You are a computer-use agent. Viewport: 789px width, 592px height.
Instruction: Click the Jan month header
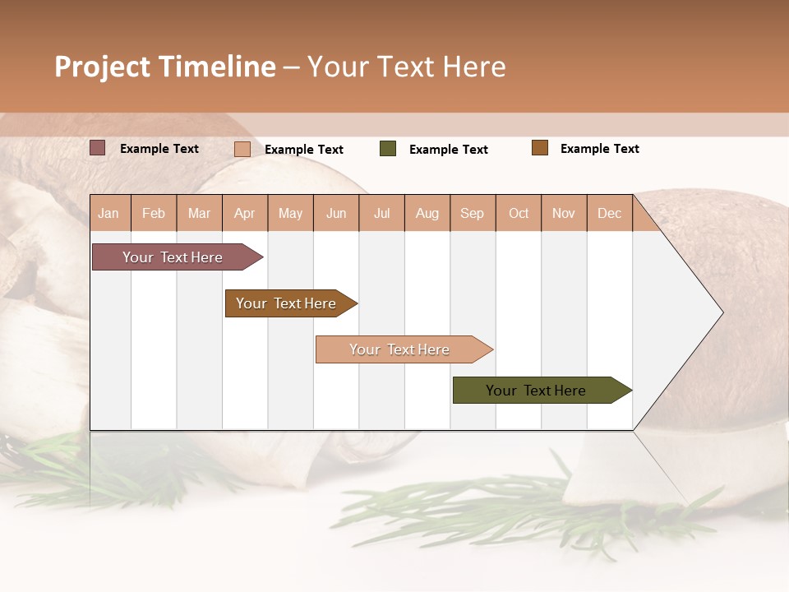click(x=108, y=213)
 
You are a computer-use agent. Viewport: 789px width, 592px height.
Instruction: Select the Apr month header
click(x=244, y=213)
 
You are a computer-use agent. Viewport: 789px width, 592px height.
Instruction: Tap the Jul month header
click(x=381, y=213)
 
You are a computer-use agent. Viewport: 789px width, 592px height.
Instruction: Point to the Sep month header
click(x=472, y=213)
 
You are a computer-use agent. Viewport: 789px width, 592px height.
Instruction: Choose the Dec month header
click(x=609, y=213)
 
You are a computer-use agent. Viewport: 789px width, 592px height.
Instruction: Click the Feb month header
click(x=154, y=213)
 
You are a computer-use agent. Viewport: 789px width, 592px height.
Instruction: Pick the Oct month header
click(x=519, y=213)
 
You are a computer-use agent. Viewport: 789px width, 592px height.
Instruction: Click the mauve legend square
click(x=98, y=148)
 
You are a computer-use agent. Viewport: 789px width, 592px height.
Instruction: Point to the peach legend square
click(x=242, y=149)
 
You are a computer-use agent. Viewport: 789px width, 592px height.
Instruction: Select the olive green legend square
click(x=388, y=149)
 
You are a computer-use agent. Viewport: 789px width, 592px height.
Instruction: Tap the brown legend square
click(x=540, y=148)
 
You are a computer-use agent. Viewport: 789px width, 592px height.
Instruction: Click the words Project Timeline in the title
click(x=165, y=67)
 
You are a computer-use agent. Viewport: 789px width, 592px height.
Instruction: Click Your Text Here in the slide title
click(x=407, y=67)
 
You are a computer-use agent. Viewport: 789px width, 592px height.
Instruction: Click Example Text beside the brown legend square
click(x=599, y=149)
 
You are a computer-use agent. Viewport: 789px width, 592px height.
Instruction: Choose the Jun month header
click(x=336, y=213)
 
